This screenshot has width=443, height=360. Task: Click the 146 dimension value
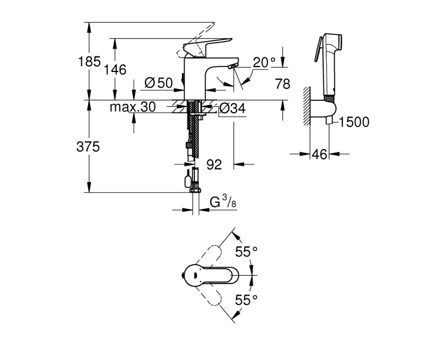tap(116, 69)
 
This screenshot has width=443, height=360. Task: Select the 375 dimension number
tap(87, 147)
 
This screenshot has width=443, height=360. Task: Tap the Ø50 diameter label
tap(158, 83)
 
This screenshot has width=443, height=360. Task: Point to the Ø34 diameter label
tap(232, 109)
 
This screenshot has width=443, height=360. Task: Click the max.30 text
tap(132, 106)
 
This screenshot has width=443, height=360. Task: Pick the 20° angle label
tap(264, 63)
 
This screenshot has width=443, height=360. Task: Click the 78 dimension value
tap(282, 84)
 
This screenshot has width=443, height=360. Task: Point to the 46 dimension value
tap(318, 155)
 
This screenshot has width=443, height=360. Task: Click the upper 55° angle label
tap(246, 252)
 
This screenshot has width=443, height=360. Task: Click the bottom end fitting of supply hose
tap(194, 191)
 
